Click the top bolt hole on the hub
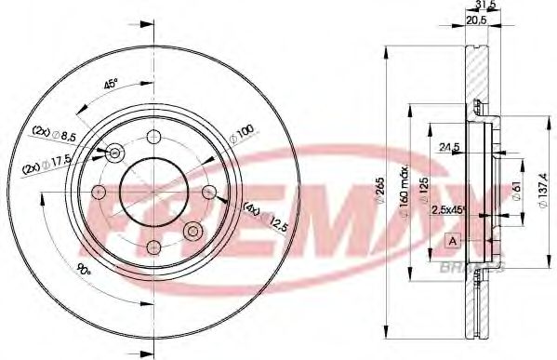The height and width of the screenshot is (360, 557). pos(153,138)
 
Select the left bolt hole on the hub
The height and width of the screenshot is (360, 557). pos(99,192)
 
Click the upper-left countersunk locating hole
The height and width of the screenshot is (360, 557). pos(115,153)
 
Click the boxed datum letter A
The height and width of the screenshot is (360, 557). pos(453,240)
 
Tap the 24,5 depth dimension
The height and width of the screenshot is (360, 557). pos(451,146)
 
